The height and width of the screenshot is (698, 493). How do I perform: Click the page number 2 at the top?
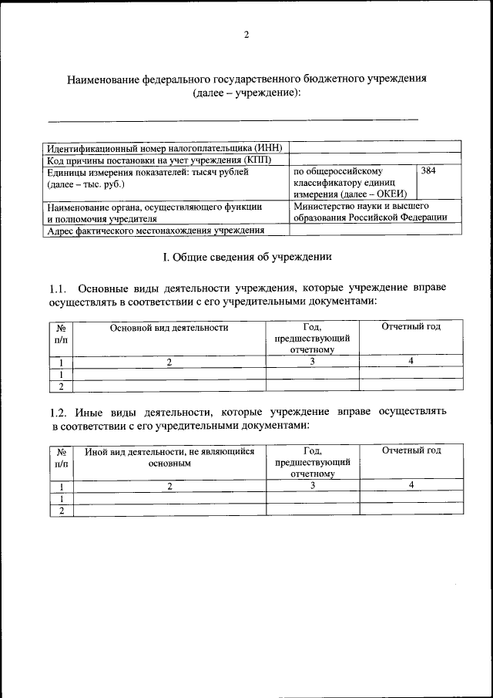coord(246,35)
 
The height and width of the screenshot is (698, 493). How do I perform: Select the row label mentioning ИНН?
coord(165,147)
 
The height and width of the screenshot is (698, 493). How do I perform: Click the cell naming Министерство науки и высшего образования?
coord(370,212)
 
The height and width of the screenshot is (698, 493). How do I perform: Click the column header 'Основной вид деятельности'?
coord(169,327)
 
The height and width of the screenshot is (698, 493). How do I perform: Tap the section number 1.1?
coord(59,288)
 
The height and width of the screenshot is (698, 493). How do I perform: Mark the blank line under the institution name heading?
coord(233,119)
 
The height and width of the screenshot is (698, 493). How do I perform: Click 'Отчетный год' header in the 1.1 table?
coord(411,327)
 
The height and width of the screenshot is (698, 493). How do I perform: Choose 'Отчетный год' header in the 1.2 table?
coord(411,450)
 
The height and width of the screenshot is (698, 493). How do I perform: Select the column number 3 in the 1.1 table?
coord(312,361)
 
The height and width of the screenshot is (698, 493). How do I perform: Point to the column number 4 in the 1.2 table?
coord(411,484)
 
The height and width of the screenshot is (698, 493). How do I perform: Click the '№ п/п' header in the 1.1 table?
coord(60,332)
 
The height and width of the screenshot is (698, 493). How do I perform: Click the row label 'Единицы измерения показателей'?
coord(148,178)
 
